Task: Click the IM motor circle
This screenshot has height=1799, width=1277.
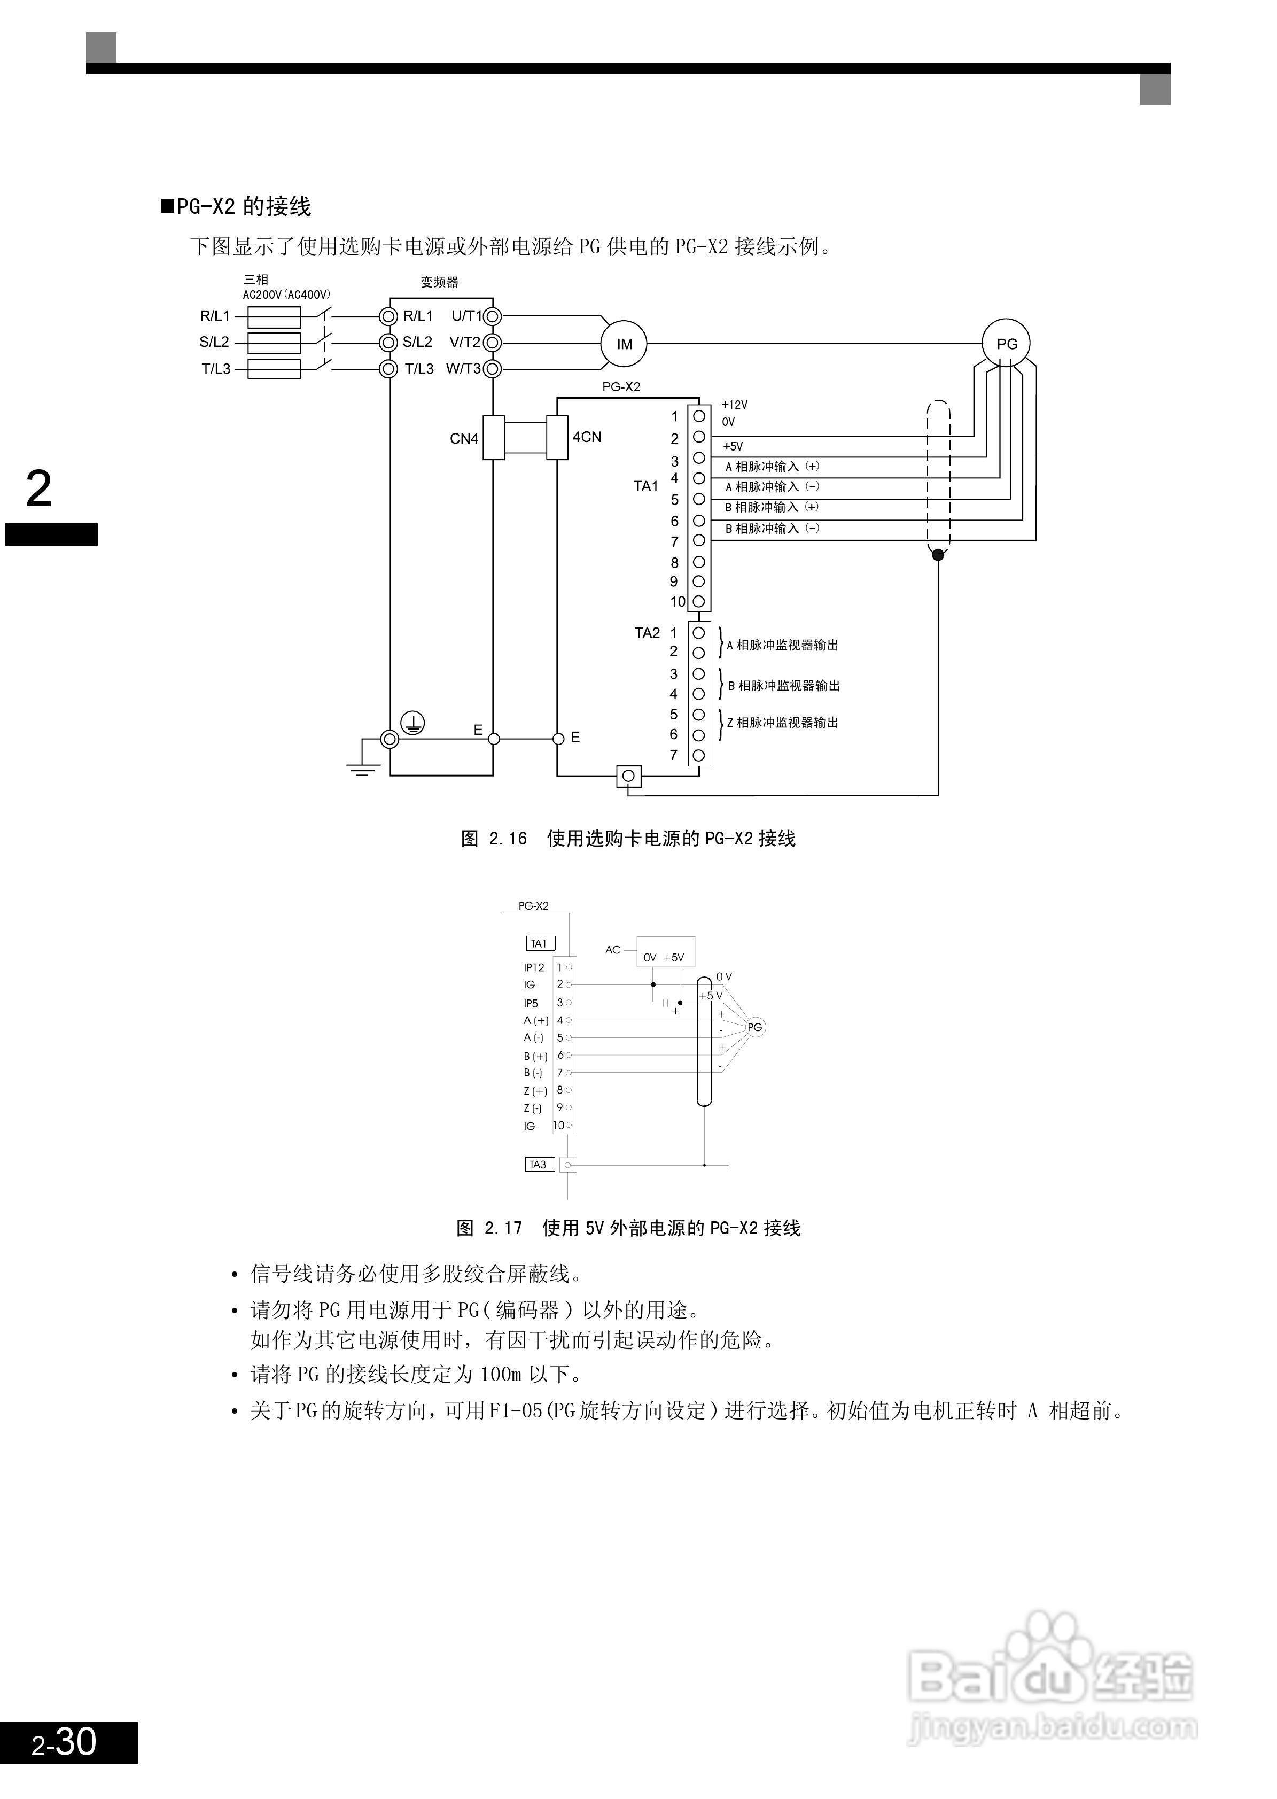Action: [x=625, y=344]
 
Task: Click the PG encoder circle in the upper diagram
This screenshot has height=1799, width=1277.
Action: [x=1007, y=343]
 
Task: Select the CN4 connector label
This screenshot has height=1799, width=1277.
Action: [x=464, y=438]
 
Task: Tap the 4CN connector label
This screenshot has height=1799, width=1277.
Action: [x=587, y=437]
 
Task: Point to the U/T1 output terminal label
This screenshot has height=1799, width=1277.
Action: [x=466, y=315]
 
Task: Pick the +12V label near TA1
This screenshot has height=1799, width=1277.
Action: [x=735, y=405]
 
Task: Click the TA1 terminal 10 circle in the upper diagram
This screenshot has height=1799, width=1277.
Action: [x=698, y=602]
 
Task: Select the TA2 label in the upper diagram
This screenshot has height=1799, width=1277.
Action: [x=647, y=632]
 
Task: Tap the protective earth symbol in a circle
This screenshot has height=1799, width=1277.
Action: [x=413, y=722]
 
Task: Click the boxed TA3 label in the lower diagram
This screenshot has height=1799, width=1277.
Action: [x=539, y=1164]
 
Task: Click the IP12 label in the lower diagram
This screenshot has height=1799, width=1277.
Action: [x=534, y=967]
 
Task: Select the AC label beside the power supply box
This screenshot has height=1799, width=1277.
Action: [x=612, y=949]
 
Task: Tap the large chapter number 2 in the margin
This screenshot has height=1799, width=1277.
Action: [x=38, y=488]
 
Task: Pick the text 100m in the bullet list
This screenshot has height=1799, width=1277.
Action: [x=501, y=1374]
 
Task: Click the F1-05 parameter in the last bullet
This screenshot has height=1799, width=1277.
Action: [x=516, y=1410]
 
